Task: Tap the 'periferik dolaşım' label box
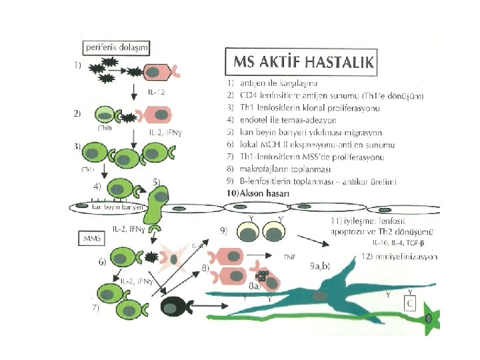coord(116,48)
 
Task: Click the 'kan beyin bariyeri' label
coord(118,207)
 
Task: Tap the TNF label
coord(289,256)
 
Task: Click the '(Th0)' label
coord(105,127)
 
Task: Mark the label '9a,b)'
coord(321,265)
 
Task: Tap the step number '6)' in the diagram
coord(102,263)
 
